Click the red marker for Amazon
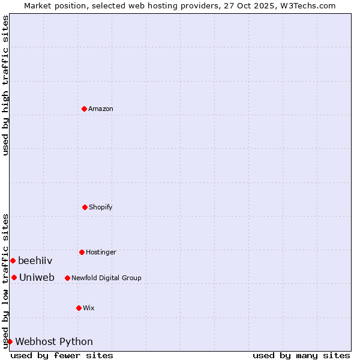[x=84, y=109]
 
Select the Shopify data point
[x=85, y=207]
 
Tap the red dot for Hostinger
[x=82, y=252]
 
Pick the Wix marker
[x=79, y=308]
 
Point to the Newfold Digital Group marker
[x=67, y=278]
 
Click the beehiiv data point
[x=13, y=260]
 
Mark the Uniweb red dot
[x=14, y=277]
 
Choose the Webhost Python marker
[x=10, y=341]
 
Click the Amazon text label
[x=101, y=109]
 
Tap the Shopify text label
[x=101, y=207]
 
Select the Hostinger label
[x=101, y=252]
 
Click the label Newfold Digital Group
[x=106, y=278]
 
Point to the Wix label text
[x=89, y=308]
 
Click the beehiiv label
[x=35, y=260]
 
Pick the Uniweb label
[x=37, y=277]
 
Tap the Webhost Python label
[x=54, y=341]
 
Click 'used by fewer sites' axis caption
[x=62, y=355]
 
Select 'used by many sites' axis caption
[x=301, y=355]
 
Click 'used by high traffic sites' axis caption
[x=5, y=85]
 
